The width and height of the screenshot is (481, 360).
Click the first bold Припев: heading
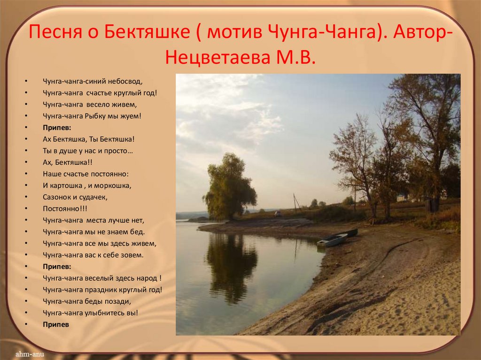coord(57,127)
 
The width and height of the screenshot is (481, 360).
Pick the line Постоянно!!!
coord(58,208)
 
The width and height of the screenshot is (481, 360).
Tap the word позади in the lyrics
coord(117,301)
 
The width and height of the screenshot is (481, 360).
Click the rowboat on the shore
coord(333,240)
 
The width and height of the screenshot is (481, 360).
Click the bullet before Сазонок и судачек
coord(28,197)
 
